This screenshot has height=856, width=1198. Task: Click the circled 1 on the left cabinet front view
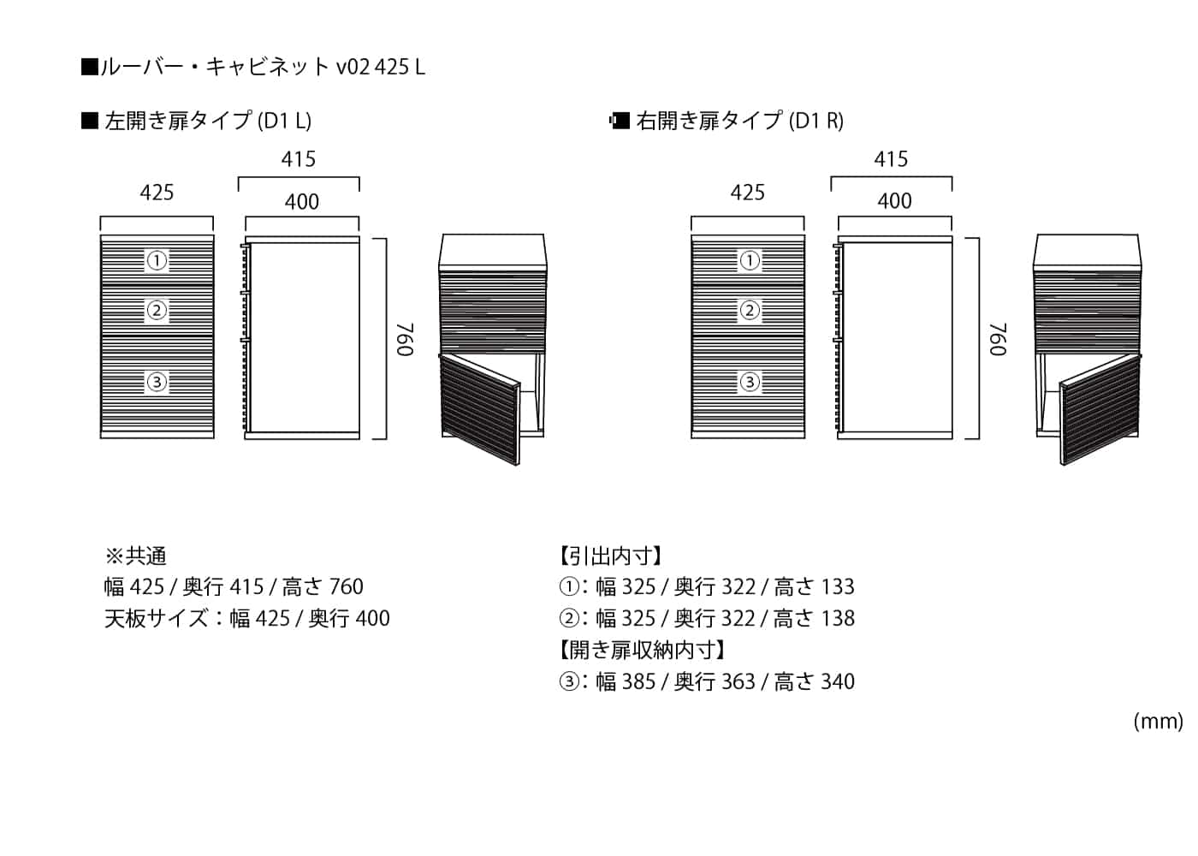pyautogui.click(x=157, y=260)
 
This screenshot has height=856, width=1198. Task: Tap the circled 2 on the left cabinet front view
pyautogui.click(x=157, y=310)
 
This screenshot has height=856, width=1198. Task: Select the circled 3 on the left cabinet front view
pyautogui.click(x=157, y=382)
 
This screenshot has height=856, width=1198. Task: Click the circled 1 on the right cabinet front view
pyautogui.click(x=750, y=260)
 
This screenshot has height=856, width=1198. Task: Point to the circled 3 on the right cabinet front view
pyautogui.click(x=750, y=382)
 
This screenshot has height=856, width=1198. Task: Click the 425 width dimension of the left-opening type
pyautogui.click(x=157, y=193)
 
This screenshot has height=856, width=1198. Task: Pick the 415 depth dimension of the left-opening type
pyautogui.click(x=299, y=159)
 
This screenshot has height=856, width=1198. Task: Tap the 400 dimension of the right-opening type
pyautogui.click(x=894, y=201)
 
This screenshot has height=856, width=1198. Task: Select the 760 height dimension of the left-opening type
pyautogui.click(x=405, y=339)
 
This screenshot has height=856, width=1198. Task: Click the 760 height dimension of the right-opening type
pyautogui.click(x=997, y=339)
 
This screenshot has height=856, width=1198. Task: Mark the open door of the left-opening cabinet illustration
pyautogui.click(x=480, y=408)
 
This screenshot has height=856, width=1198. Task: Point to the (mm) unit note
pyautogui.click(x=1158, y=722)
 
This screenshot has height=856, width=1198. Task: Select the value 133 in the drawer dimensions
pyautogui.click(x=838, y=587)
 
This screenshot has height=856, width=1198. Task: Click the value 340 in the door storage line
pyautogui.click(x=838, y=682)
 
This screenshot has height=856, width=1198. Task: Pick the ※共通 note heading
pyautogui.click(x=135, y=556)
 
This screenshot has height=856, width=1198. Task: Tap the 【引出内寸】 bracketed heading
pyautogui.click(x=610, y=556)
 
